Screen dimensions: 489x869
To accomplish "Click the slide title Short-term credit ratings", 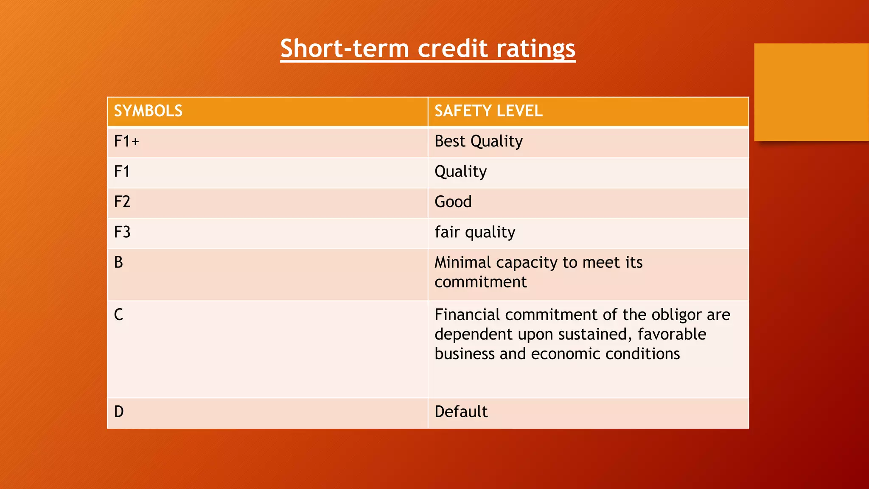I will point(428,48).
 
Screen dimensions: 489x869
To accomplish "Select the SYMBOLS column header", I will point(148,111).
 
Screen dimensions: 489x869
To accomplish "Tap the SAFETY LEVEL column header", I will point(488,111).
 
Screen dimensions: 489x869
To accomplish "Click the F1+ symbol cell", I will point(126,141).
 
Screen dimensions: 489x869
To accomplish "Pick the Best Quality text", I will point(479,141).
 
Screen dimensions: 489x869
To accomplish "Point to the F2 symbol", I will point(122,202).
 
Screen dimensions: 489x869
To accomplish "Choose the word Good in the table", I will point(453,202).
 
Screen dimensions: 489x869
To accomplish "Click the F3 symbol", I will point(122,232).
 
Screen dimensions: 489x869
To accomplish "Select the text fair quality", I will point(475,232).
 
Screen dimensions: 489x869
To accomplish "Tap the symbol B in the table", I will point(118,262).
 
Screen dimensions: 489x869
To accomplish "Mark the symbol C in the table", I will point(118,315).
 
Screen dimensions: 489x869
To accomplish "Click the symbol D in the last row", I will point(119,412).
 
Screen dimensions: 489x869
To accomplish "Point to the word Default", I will point(461,412).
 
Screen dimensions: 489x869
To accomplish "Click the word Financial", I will point(468,315).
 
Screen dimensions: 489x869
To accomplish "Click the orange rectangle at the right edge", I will point(811,92).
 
